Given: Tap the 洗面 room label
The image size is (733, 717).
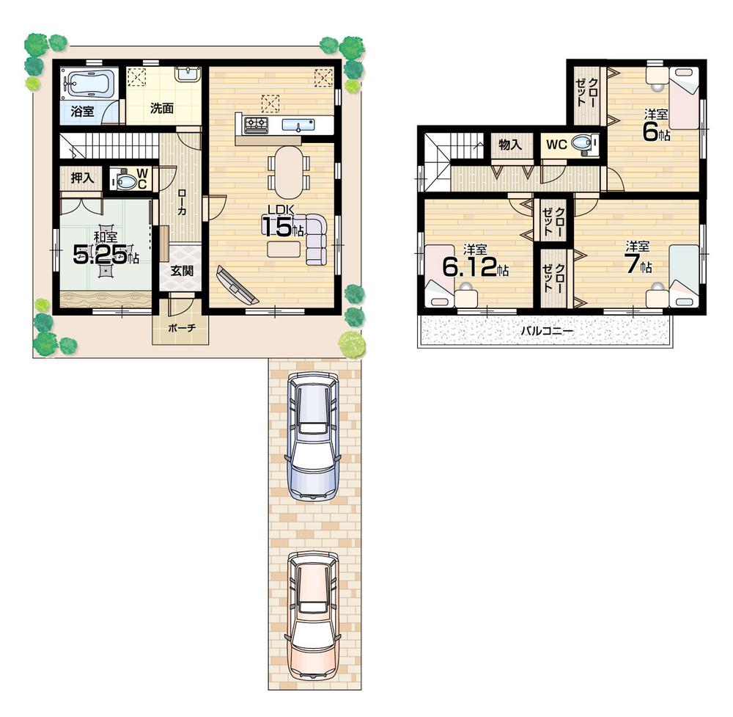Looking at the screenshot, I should tap(162, 109).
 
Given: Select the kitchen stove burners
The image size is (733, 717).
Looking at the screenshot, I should tap(256, 125).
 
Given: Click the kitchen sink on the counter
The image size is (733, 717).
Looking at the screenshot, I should tap(297, 124).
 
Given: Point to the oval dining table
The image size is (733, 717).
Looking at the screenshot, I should tap(287, 171).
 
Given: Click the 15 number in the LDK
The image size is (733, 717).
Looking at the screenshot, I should tap(277, 226).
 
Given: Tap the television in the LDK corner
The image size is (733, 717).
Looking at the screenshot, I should tap(237, 285).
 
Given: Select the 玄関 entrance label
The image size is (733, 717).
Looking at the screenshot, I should tap(182, 270).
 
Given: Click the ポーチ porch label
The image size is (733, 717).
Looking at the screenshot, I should tap(181, 328).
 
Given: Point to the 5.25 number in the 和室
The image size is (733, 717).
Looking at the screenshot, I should tap(100, 254).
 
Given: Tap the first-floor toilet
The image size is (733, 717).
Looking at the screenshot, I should tap(128, 181).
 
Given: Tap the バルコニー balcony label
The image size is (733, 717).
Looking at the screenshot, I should tap(546, 331).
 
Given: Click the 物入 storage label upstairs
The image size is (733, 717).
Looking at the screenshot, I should tap(510, 145).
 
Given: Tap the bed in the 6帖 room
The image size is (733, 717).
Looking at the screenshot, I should tap(685, 98).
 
